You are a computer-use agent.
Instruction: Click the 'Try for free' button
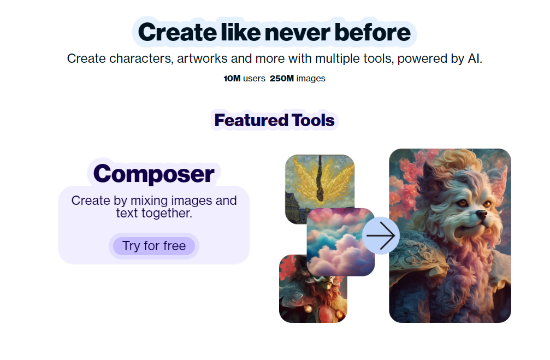click(x=154, y=246)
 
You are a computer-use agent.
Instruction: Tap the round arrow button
click(x=381, y=236)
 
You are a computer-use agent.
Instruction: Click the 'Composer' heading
click(x=153, y=174)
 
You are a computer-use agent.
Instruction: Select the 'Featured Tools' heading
click(x=274, y=120)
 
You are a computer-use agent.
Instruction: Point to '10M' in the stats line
click(x=232, y=78)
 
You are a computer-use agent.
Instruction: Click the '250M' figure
click(x=282, y=78)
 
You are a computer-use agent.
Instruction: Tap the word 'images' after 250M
click(x=311, y=79)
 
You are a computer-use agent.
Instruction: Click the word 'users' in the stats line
click(x=254, y=78)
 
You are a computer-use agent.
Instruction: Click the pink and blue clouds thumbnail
click(x=341, y=242)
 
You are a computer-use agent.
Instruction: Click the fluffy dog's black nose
click(x=481, y=214)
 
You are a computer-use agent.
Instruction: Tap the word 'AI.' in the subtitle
click(x=475, y=58)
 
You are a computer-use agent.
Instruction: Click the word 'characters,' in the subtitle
click(x=141, y=58)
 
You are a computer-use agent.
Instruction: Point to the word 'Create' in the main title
click(x=178, y=32)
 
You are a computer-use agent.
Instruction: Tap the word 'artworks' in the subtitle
click(x=202, y=58)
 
